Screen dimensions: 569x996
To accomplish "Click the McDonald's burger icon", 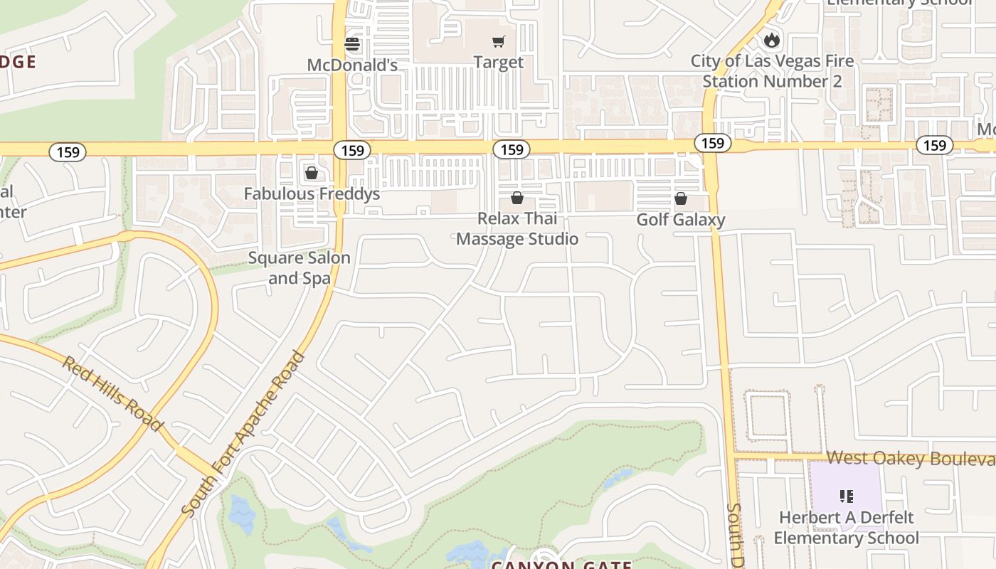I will point(352,44).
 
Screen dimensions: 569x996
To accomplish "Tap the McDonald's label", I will point(352,65).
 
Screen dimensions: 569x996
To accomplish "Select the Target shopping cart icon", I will point(498,42).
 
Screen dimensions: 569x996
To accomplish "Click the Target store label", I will point(498,63).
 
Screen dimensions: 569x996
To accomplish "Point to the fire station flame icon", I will point(772,40).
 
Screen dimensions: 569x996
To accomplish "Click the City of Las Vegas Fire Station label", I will point(772,71).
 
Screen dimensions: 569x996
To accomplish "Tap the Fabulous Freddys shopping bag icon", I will point(311,173).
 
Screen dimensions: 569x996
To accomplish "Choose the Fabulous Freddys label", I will point(312,193).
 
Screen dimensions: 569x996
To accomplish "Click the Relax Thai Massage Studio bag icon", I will point(517,198).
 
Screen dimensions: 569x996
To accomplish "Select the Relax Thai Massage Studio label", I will point(517,228).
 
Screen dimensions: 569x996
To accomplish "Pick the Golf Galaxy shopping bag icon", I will point(681,198).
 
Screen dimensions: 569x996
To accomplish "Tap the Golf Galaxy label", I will point(681,219).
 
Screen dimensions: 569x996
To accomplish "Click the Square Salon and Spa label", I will point(299,267).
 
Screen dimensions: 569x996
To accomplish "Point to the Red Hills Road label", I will point(111,393).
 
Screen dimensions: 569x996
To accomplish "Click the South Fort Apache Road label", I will point(243,434).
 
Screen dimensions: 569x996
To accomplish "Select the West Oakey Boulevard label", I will point(911,458).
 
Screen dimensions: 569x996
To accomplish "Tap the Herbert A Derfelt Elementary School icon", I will point(846,496).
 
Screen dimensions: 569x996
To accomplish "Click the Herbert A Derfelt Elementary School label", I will point(846,528).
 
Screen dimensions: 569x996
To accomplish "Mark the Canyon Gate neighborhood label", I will point(562,564).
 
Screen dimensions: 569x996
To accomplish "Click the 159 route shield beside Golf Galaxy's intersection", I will point(712,143).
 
